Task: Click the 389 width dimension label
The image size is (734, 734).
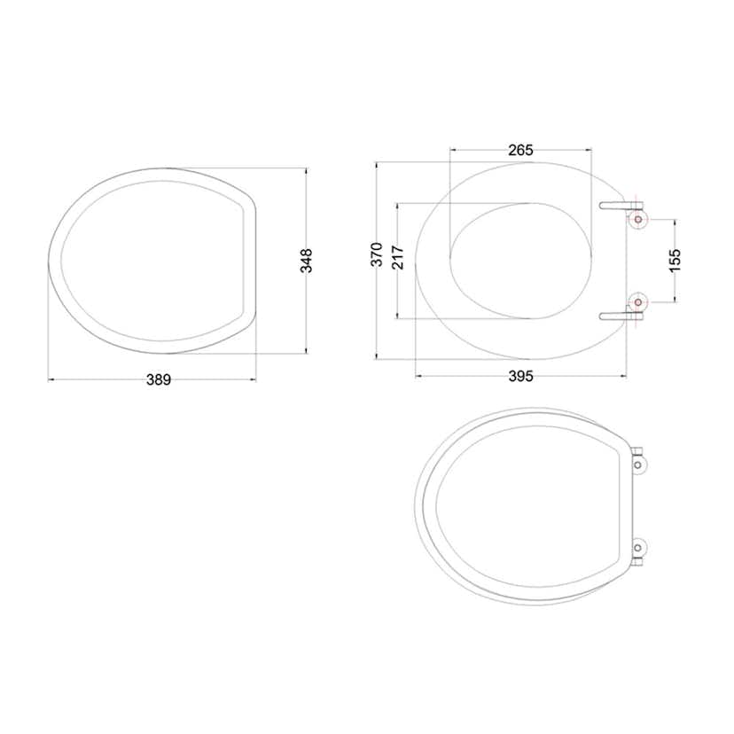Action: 159,379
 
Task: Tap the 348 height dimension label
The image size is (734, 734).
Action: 307,259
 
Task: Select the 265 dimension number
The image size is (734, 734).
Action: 520,150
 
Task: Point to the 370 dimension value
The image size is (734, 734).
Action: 377,254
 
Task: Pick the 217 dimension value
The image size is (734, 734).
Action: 398,258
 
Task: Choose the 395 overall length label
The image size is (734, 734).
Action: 521,377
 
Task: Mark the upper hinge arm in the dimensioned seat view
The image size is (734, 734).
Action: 616,206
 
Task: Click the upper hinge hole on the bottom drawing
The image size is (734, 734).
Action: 641,464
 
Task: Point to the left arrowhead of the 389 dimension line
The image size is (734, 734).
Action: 51,379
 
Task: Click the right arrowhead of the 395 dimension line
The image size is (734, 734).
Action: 625,377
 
